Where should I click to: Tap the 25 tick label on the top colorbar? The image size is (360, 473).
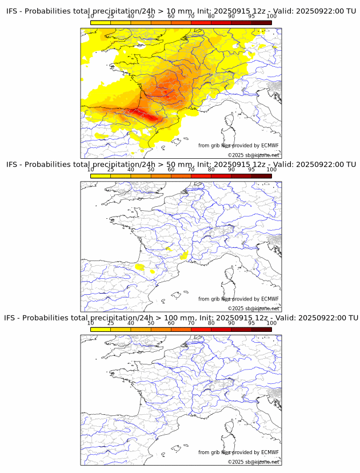[110, 17]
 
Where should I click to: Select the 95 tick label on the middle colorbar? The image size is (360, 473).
[251, 170]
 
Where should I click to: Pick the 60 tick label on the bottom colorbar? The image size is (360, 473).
[171, 323]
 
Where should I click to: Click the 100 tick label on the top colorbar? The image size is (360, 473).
[271, 17]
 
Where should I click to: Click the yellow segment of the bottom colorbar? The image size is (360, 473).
[101, 329]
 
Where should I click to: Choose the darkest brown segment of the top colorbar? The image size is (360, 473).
[261, 23]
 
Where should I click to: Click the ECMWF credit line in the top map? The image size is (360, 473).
[238, 146]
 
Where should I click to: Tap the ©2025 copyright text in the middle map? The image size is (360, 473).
[253, 308]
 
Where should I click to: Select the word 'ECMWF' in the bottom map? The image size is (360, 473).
[270, 452]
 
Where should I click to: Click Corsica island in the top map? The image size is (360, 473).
[231, 121]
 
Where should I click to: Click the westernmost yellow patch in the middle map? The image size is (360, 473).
[139, 267]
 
